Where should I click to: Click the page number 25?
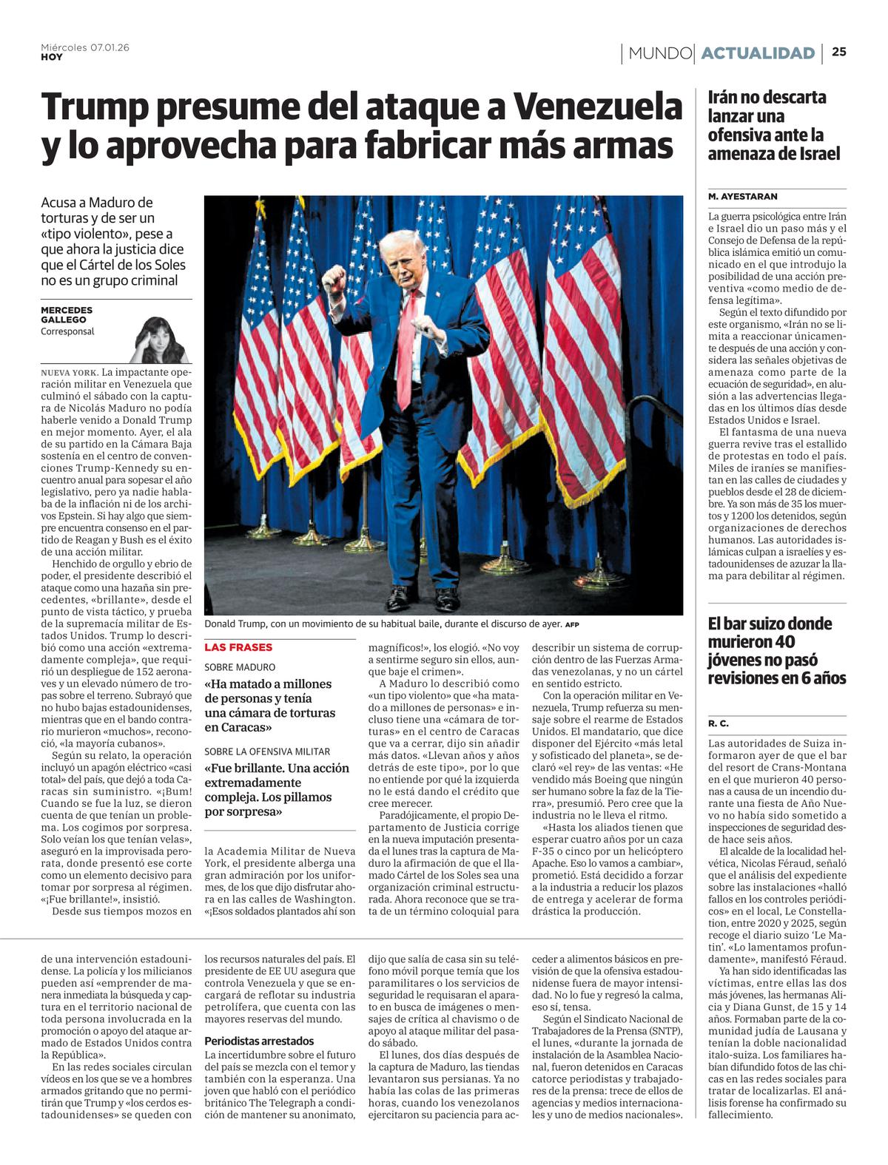pos(839,52)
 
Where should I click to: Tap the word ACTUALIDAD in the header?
pos(758,53)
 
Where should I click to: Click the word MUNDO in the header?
pos(659,53)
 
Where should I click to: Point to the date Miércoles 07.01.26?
pos(85,47)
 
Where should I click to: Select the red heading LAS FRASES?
pos(238,647)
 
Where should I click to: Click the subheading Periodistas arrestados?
pos(259,1041)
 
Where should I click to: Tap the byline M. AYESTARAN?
pos(742,197)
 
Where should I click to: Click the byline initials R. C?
pos(718,723)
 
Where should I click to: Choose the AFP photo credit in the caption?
pos(572,624)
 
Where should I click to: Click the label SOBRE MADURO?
pos(240,667)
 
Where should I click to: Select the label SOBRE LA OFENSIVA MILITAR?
pos(267,752)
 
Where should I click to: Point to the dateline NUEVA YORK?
pos(69,372)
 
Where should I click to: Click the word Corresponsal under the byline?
pos(67,332)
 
